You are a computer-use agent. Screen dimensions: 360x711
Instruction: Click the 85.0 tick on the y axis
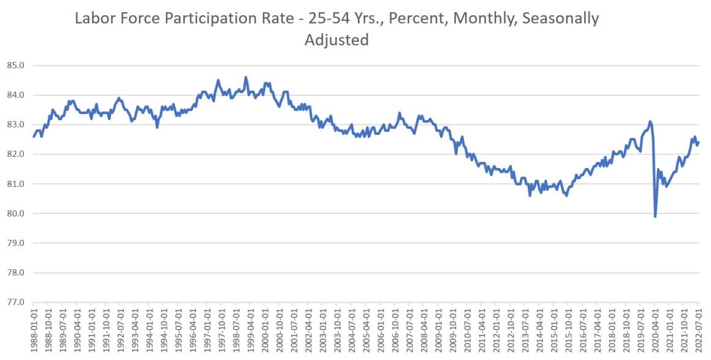15,66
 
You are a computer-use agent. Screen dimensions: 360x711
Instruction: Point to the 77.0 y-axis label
15,302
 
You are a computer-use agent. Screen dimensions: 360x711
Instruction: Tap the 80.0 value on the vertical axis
15,213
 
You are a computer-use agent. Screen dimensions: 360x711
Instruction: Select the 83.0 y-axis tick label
15,124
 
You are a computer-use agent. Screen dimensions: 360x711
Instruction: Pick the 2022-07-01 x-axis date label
699,331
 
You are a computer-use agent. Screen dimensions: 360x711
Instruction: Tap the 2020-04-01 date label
655,331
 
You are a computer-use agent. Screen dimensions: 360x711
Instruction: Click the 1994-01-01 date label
150,331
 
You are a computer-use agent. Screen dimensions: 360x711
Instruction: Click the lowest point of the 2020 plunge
655,216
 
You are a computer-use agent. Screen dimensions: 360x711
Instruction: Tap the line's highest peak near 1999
246,77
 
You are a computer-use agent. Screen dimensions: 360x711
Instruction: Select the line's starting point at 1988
34,136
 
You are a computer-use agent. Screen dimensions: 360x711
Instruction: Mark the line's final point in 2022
699,142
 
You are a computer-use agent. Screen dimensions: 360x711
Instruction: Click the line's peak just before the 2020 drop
650,121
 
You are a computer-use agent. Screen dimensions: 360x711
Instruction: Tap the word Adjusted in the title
336,40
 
